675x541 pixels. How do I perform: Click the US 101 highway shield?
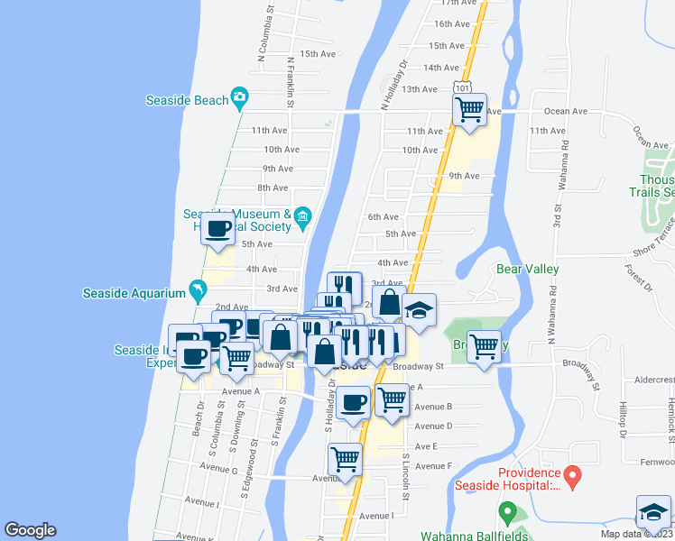(x=462, y=88)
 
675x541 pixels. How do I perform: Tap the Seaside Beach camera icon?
(x=239, y=96)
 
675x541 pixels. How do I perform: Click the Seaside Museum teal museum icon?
(x=302, y=215)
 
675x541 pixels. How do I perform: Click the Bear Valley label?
(x=528, y=269)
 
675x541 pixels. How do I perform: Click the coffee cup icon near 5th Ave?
(x=217, y=229)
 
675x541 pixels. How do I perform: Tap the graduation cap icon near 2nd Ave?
(x=418, y=310)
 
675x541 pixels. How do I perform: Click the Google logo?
(x=30, y=530)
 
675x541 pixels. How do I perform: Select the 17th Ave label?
(x=457, y=4)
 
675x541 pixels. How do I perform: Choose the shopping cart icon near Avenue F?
(x=345, y=459)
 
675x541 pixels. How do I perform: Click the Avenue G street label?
(x=218, y=469)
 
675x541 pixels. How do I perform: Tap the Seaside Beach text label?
(x=188, y=101)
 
